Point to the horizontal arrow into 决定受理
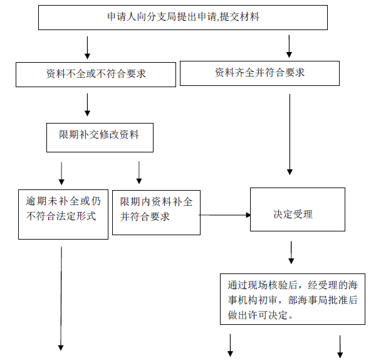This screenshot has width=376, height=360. tap(225, 215)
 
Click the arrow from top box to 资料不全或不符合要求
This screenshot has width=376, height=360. tap(88, 48)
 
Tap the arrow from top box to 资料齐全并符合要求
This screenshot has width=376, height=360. tap(289, 46)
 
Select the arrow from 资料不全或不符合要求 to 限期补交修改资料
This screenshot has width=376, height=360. tap(88, 105)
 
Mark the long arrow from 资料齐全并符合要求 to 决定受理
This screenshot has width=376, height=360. tap(290, 134)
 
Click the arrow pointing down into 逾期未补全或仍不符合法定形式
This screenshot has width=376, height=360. tap(61, 174)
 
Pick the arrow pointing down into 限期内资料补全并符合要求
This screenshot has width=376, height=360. tap(139, 172)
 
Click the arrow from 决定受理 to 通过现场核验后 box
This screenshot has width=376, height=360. tap(291, 253)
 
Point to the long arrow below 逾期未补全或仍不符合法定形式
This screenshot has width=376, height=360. tap(61, 299)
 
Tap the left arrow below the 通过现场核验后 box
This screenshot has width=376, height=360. tap(230, 345)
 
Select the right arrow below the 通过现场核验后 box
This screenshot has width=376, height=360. tap(340, 347)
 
